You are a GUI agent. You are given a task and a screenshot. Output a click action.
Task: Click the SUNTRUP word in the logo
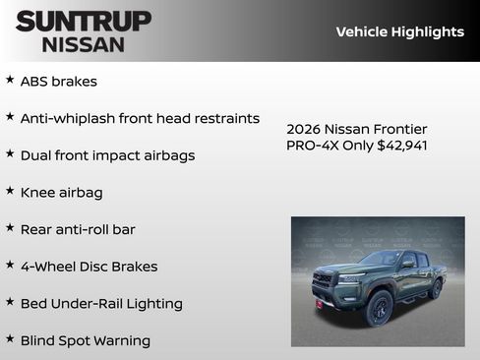point(84,21)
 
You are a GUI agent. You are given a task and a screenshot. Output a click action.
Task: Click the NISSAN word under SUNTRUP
point(84,43)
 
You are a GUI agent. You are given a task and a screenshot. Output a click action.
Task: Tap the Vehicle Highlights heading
point(399,31)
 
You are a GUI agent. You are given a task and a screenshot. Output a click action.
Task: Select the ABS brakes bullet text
point(59,82)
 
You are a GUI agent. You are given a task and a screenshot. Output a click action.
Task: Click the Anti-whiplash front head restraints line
point(140,119)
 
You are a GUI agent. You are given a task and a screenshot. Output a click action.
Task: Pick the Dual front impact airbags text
point(107,155)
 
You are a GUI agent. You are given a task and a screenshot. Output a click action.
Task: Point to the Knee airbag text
point(61,193)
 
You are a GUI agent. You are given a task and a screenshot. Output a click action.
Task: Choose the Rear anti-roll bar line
point(78,229)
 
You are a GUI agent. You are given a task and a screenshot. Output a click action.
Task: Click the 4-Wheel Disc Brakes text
point(89,267)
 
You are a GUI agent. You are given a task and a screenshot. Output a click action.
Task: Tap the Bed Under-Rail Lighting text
point(101,304)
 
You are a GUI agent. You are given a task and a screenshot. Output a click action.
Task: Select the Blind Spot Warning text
point(86,340)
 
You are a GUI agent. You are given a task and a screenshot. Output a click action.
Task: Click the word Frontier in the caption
point(399,129)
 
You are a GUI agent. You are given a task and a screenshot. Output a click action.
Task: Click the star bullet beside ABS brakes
point(10,80)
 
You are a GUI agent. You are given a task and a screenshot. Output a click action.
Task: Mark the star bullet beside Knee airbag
point(10,191)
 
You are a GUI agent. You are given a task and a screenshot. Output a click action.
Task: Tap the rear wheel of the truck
point(436,288)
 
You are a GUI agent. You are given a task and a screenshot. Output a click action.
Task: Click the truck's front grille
point(322,281)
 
